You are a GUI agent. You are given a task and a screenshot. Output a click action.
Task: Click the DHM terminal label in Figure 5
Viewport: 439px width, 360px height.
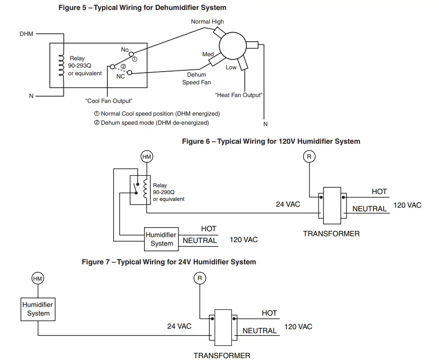pos(26,34)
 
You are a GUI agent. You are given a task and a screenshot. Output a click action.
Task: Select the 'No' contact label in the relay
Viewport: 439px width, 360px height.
pos(125,50)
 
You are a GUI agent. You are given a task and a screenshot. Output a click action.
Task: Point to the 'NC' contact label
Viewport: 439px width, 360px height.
pos(121,76)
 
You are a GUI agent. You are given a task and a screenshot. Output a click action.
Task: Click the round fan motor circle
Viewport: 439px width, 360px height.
pos(232,45)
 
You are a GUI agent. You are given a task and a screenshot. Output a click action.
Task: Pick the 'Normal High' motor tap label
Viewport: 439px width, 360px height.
pos(207,21)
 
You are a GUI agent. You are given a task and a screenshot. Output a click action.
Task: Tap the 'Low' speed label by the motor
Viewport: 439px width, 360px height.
pos(231,68)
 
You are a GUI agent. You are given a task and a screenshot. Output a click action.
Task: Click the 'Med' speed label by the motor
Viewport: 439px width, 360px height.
pos(207,54)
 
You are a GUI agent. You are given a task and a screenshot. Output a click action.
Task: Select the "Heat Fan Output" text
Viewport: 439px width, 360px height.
pos(239,95)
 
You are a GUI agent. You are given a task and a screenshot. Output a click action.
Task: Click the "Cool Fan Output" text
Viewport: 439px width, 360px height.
pos(109,101)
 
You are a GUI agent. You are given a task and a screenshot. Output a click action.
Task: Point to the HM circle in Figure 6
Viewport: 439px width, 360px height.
pos(147,157)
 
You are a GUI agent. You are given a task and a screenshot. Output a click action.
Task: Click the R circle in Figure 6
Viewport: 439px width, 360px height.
pos(309,157)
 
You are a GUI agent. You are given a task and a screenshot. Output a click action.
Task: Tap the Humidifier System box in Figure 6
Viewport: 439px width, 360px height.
pos(161,239)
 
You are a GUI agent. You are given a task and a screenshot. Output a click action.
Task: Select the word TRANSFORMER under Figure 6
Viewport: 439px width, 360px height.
pos(331,234)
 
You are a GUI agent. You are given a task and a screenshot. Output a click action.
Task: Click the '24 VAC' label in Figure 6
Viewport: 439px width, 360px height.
pos(288,204)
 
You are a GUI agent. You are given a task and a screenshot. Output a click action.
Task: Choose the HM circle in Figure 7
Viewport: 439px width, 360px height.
pos(37,279)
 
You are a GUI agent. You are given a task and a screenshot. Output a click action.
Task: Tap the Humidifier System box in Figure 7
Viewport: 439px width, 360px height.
pos(38,309)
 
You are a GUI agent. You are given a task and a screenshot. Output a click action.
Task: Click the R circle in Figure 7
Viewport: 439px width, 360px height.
pos(200,278)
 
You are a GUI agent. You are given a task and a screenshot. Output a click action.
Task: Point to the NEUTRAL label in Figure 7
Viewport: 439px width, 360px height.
pos(259,331)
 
